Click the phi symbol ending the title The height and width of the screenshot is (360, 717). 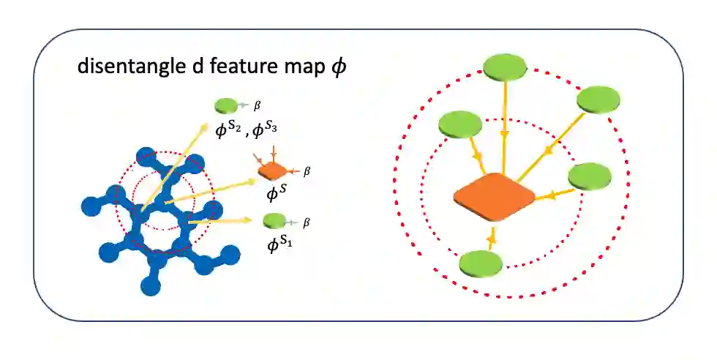pyautogui.click(x=339, y=67)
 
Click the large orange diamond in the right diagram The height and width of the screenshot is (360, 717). pyautogui.click(x=494, y=196)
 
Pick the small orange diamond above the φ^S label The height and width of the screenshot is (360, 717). pyautogui.click(x=271, y=171)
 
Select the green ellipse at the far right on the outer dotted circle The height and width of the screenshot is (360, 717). pyautogui.click(x=598, y=98)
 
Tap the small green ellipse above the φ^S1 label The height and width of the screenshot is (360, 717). pyautogui.click(x=274, y=220)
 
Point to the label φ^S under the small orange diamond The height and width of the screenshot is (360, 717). pyautogui.click(x=275, y=194)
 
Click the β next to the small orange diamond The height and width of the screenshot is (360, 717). pyautogui.click(x=307, y=171)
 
